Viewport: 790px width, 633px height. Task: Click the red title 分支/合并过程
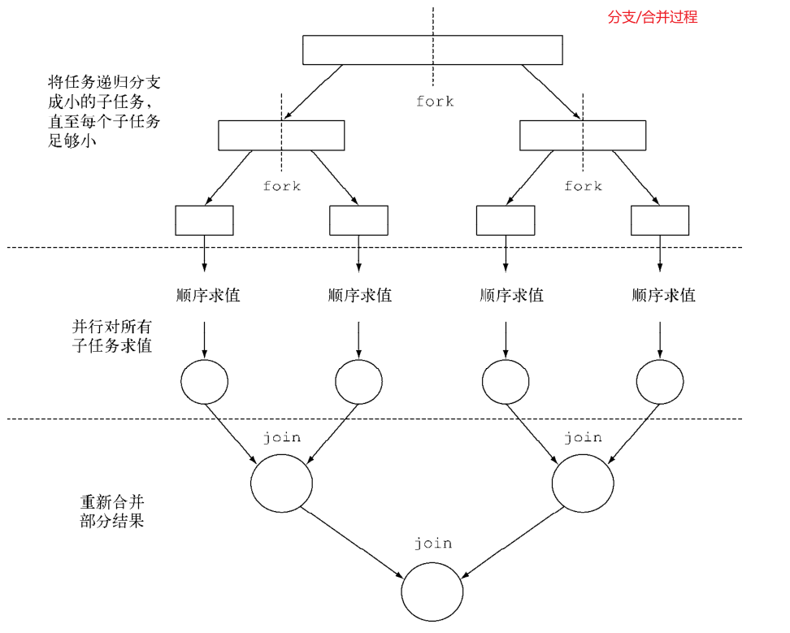(x=653, y=17)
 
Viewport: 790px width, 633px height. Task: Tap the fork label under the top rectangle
(x=435, y=102)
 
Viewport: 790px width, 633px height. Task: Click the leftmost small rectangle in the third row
(x=204, y=220)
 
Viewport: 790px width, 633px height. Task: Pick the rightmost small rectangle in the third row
(x=660, y=220)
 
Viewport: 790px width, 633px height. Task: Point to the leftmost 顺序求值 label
(x=208, y=295)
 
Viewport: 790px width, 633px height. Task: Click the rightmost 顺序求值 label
(x=664, y=295)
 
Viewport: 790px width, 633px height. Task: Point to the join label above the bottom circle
(x=432, y=543)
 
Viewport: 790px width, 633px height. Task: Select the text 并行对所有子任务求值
(x=111, y=336)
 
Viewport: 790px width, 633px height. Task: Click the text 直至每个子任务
(x=103, y=121)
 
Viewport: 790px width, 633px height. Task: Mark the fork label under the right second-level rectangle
(x=583, y=186)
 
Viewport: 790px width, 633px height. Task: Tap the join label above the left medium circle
(x=281, y=437)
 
